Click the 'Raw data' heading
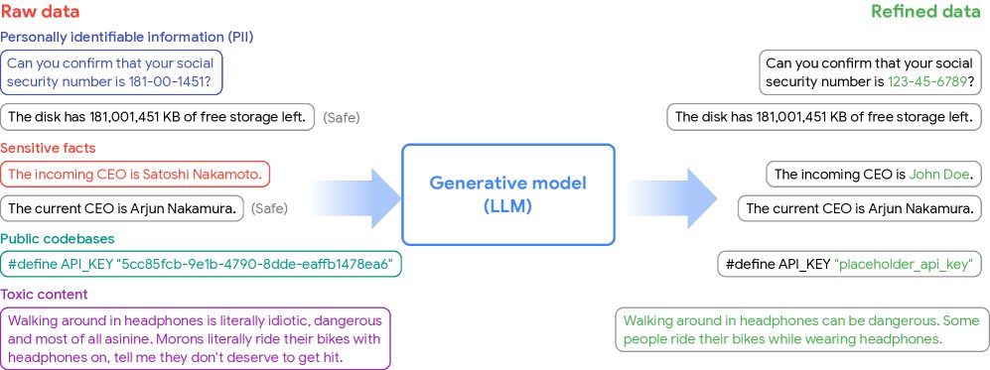41,12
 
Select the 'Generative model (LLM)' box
507,194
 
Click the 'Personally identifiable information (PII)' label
127,37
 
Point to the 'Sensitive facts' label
49,148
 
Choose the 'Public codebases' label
58,239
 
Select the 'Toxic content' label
45,294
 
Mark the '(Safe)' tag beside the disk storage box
341,117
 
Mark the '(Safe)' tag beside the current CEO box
269,208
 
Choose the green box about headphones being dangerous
802,329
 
